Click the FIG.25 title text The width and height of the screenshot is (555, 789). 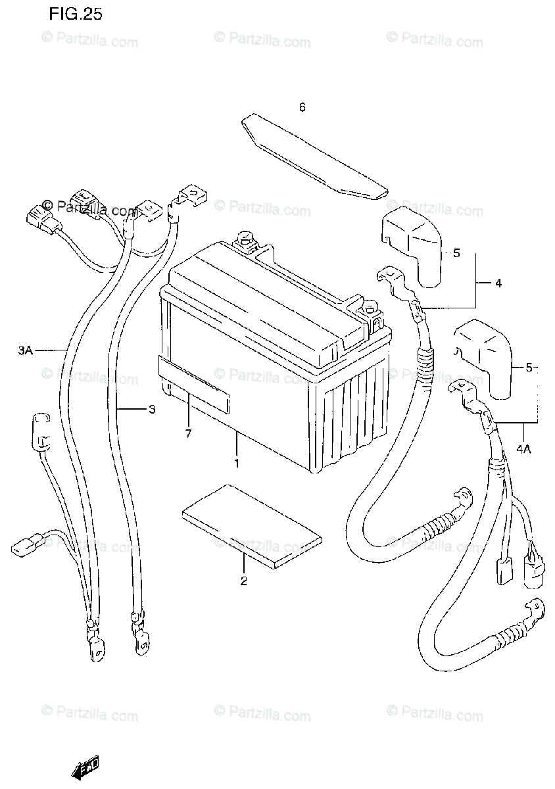coord(75,14)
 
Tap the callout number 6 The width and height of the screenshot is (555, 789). coord(302,107)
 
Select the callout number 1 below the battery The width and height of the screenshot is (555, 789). coord(237,462)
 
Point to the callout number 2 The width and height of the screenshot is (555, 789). coord(243,581)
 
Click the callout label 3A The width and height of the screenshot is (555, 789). coord(25,351)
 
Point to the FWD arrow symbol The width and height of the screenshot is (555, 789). coord(85,766)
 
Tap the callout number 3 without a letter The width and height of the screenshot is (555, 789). coord(151,410)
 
